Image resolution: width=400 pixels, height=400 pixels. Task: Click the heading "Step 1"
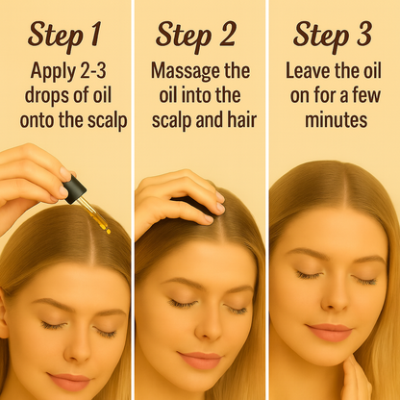(64, 36)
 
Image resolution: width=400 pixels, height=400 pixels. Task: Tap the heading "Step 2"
(196, 36)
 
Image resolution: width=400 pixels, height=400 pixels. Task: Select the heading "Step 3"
(333, 36)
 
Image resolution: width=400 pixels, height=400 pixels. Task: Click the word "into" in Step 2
(197, 95)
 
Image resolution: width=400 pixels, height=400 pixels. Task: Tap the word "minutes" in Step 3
(336, 120)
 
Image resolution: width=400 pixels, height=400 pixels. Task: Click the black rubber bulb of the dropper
(75, 191)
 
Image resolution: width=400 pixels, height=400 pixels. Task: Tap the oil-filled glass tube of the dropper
(94, 215)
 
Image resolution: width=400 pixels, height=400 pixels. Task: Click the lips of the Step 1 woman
(69, 381)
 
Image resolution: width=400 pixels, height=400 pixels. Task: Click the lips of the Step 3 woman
(329, 332)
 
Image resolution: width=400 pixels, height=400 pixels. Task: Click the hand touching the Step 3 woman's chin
(356, 378)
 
